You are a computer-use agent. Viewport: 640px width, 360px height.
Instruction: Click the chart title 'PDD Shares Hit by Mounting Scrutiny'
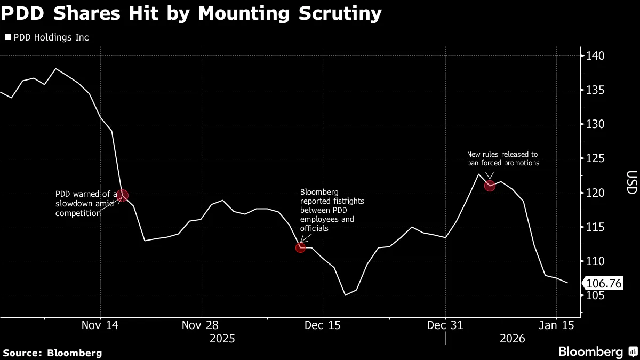tap(191, 13)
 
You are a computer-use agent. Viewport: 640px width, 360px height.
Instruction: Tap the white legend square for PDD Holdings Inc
tap(7, 37)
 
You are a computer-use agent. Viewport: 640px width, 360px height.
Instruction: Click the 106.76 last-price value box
tap(604, 283)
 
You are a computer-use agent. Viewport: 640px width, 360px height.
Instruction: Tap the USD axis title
tap(631, 182)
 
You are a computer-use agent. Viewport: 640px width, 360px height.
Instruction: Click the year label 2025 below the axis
tap(223, 339)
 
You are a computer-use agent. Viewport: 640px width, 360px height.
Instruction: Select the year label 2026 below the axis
tap(512, 339)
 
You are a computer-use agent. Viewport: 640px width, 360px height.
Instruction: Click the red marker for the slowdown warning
tap(123, 195)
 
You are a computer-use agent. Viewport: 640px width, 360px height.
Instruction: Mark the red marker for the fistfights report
tap(300, 247)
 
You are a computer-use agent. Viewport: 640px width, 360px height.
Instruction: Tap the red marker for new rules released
tap(490, 186)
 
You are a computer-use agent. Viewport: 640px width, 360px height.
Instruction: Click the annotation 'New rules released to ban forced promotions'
tap(503, 158)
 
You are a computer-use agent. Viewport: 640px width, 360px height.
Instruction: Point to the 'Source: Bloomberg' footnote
tap(52, 353)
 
